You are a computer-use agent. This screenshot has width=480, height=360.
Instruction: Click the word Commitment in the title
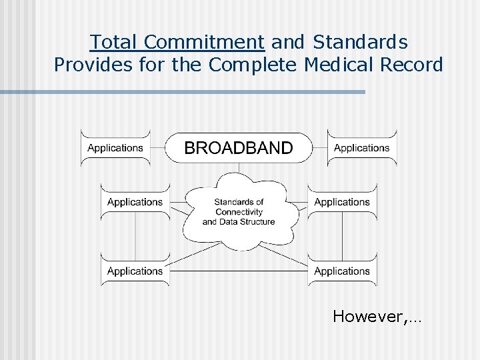(204, 43)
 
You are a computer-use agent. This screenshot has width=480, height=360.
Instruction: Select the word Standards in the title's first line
(360, 43)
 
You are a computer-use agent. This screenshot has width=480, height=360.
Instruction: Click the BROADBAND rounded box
(238, 148)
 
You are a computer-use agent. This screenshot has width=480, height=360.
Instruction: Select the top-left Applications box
(115, 148)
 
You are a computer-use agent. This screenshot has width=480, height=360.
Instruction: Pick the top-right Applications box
(362, 148)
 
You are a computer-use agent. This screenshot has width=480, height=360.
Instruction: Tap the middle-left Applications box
(135, 202)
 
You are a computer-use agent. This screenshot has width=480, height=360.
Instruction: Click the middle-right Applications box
(342, 202)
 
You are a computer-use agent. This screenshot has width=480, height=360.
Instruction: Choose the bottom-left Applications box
(135, 271)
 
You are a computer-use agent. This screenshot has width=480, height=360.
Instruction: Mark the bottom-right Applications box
(342, 271)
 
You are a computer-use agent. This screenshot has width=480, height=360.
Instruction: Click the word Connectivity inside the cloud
(239, 212)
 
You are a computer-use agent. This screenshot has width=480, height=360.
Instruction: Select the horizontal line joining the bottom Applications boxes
(239, 271)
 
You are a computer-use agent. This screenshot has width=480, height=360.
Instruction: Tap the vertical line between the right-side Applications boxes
(342, 237)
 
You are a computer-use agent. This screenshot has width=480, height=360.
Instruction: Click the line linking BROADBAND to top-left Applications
(157, 148)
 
